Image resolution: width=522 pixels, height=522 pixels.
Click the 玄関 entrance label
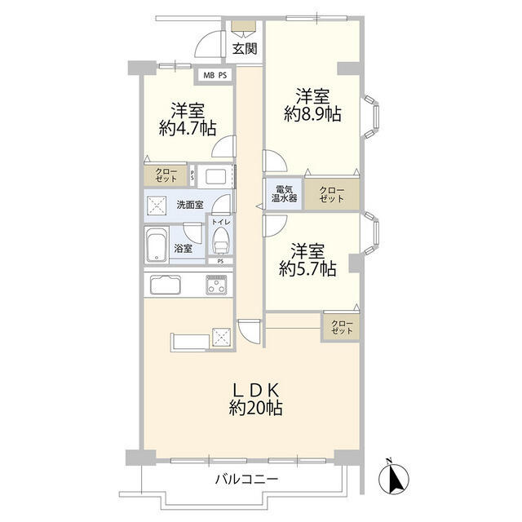click(245, 48)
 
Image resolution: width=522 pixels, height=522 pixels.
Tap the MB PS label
click(215, 77)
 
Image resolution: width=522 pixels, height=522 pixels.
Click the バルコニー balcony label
click(246, 480)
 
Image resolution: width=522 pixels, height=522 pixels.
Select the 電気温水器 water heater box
click(284, 192)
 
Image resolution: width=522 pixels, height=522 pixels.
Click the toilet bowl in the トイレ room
click(220, 242)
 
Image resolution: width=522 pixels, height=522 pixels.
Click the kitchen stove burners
click(218, 285)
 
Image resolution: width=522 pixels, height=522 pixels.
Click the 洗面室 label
click(191, 205)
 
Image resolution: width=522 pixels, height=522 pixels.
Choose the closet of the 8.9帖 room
click(332, 192)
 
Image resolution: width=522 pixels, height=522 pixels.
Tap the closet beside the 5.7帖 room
click(341, 328)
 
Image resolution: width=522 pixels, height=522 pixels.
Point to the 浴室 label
click(184, 248)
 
